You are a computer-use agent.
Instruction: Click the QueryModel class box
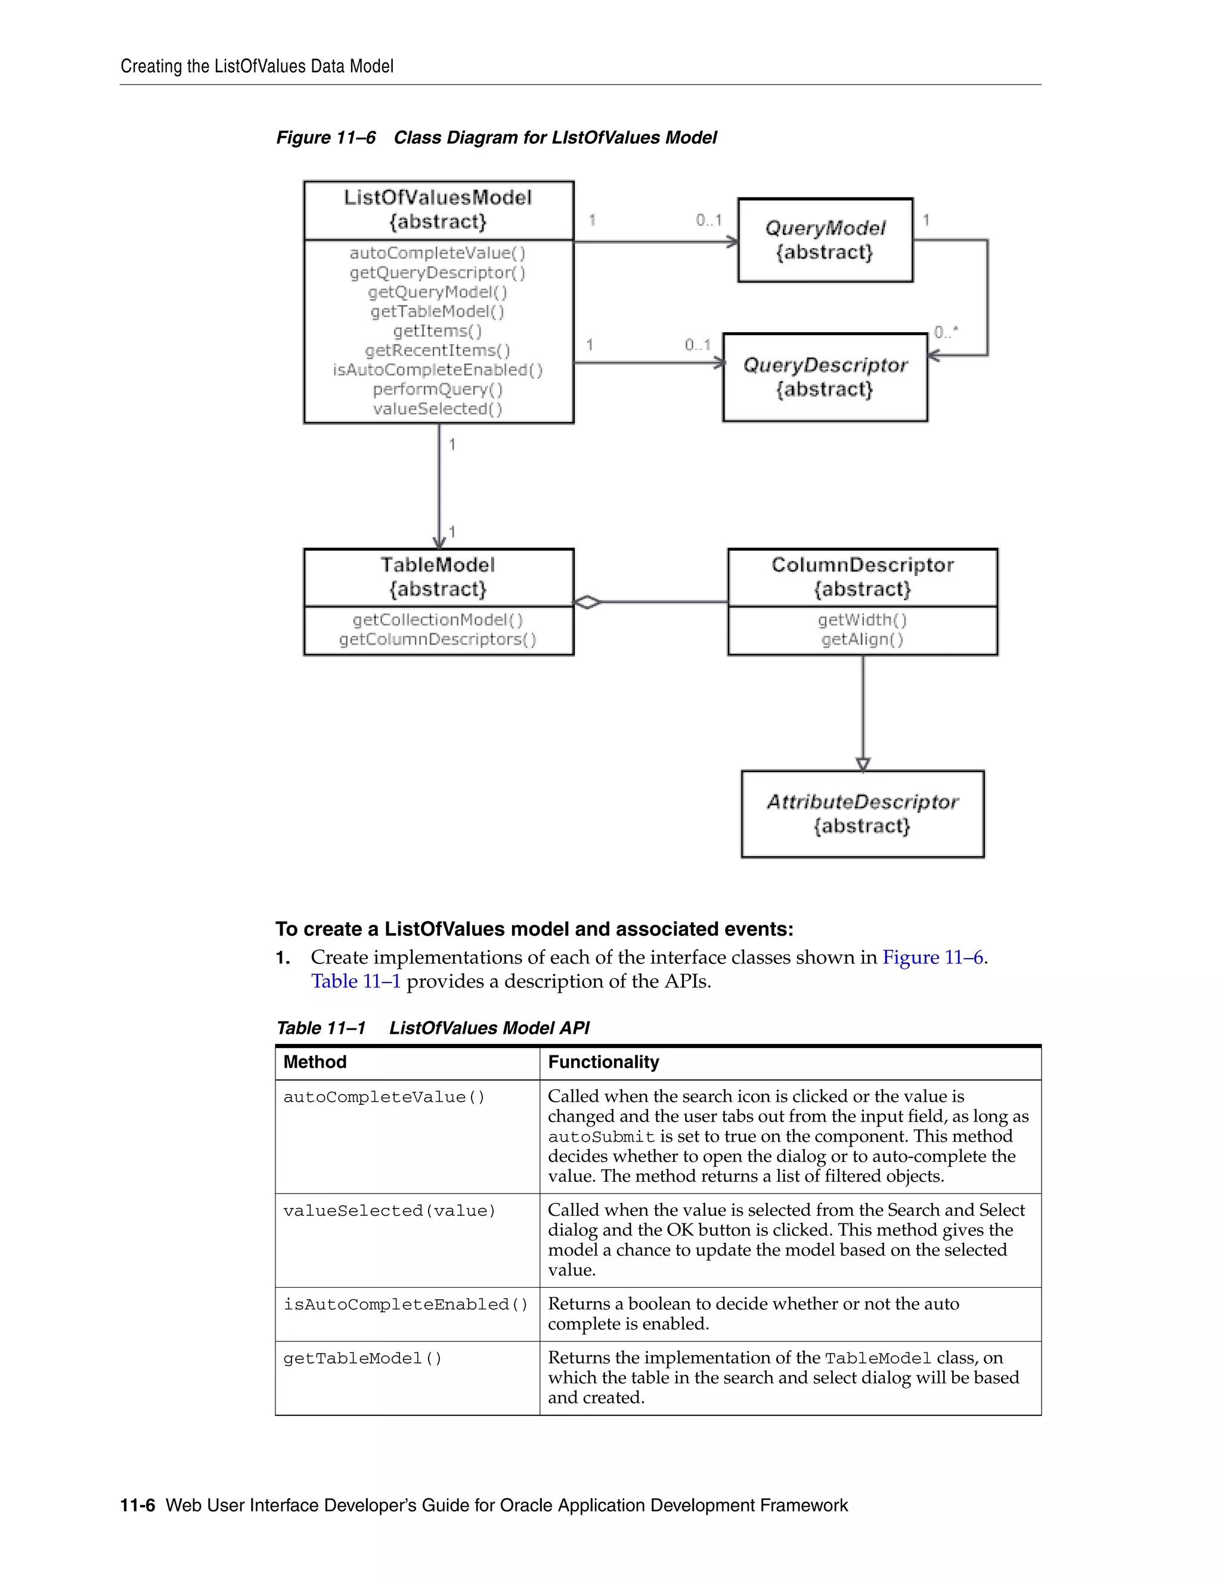click(825, 240)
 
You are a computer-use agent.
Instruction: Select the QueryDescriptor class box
click(825, 377)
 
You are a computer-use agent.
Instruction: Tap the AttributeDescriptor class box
click(862, 814)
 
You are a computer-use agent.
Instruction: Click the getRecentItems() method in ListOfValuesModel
click(438, 350)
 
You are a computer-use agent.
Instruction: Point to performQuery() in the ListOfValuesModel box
click(438, 389)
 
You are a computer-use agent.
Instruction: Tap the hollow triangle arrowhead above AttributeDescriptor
click(862, 764)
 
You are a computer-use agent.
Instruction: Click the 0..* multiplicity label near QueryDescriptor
click(946, 332)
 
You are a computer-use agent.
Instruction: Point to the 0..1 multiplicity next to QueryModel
click(708, 220)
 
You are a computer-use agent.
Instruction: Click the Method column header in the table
click(315, 1062)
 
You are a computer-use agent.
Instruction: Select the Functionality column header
click(603, 1062)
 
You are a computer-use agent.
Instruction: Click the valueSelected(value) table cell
click(389, 1211)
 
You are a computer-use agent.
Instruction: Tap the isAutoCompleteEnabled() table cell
click(406, 1305)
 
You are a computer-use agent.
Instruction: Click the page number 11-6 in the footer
click(138, 1505)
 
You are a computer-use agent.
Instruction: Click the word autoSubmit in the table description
click(601, 1137)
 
